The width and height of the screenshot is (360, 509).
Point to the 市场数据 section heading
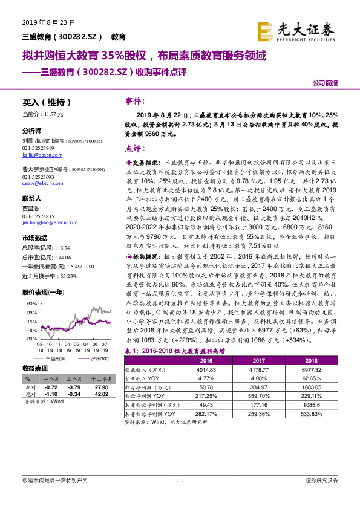tap(34, 237)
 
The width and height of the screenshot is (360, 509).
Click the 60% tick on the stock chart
tap(31, 304)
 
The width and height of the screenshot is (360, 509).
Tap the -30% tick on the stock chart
tap(31, 339)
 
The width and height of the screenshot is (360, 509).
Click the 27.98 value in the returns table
tap(100, 386)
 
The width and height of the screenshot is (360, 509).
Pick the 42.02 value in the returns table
tap(100, 393)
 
